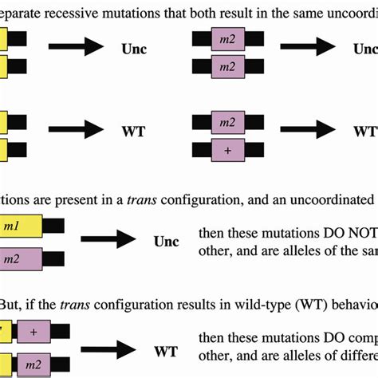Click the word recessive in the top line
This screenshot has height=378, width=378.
coord(85,9)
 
